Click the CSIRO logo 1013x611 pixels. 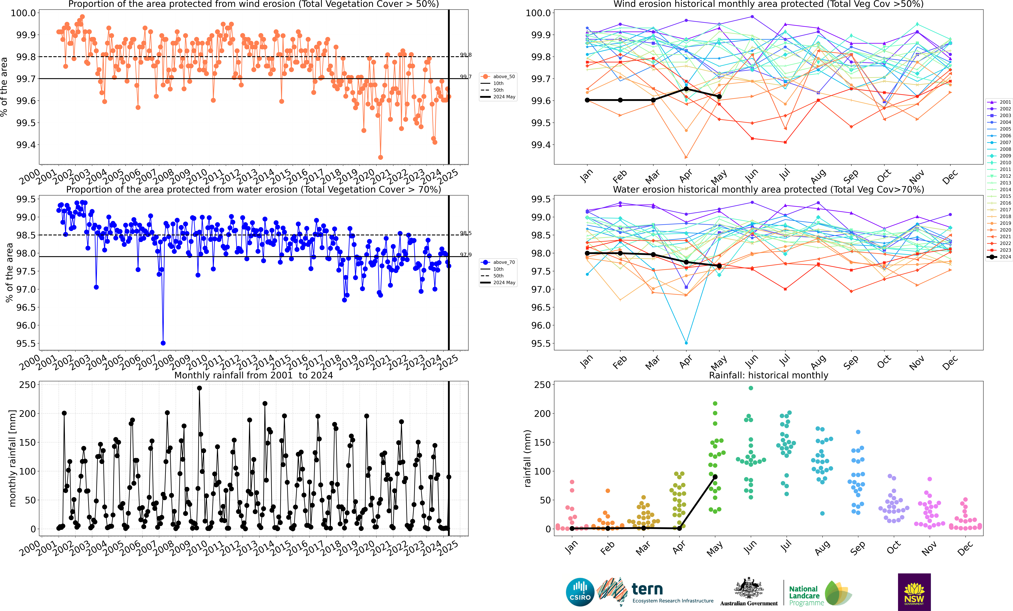[x=580, y=592]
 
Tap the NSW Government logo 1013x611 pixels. [x=914, y=592]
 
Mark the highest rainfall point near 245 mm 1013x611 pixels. [x=199, y=388]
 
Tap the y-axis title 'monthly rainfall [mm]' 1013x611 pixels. [x=12, y=458]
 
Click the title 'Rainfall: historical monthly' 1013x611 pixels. [x=768, y=375]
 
